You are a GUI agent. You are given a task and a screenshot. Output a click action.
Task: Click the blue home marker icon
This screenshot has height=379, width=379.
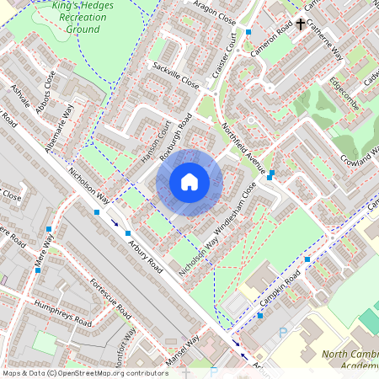coord(189,181)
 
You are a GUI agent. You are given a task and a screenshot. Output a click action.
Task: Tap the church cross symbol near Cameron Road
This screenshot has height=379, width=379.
coord(301,24)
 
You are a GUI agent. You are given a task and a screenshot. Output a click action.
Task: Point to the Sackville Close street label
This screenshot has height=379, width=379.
coord(175,76)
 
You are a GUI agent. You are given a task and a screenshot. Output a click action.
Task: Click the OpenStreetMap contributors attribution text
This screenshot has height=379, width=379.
coord(84,373)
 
